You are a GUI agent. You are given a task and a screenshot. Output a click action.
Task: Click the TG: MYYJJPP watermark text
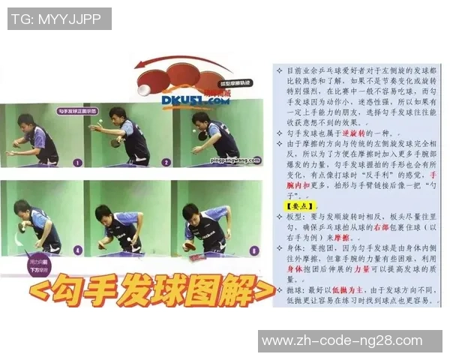(x=57, y=18)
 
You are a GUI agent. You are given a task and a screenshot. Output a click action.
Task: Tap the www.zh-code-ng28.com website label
(x=349, y=341)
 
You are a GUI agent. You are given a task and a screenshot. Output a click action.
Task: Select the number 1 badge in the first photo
(x=77, y=162)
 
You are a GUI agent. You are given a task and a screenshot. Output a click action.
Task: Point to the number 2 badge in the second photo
(x=166, y=162)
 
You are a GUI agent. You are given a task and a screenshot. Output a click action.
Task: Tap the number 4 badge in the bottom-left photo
(x=77, y=251)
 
